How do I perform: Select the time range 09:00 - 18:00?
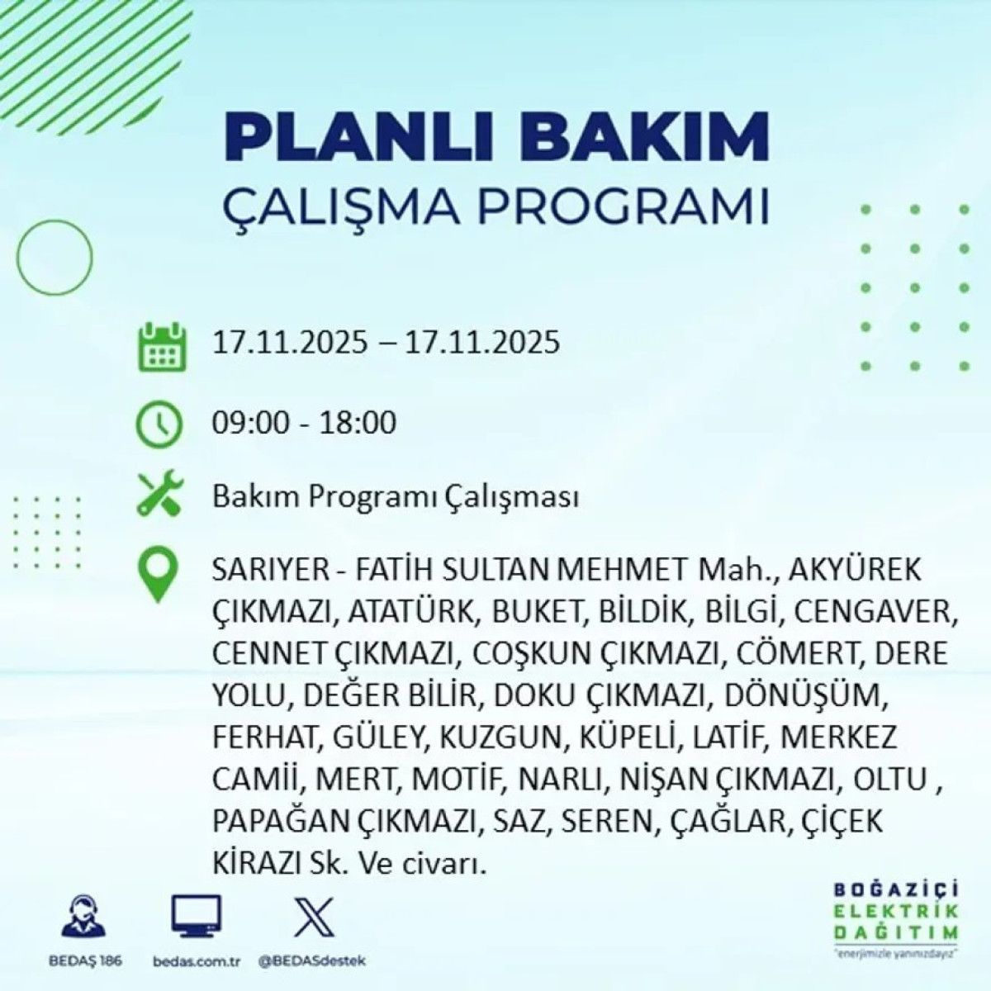pyautogui.click(x=304, y=423)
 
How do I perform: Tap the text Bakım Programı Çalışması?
pyautogui.click(x=395, y=497)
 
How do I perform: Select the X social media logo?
pyautogui.click(x=314, y=917)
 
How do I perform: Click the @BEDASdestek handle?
pyautogui.click(x=312, y=961)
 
